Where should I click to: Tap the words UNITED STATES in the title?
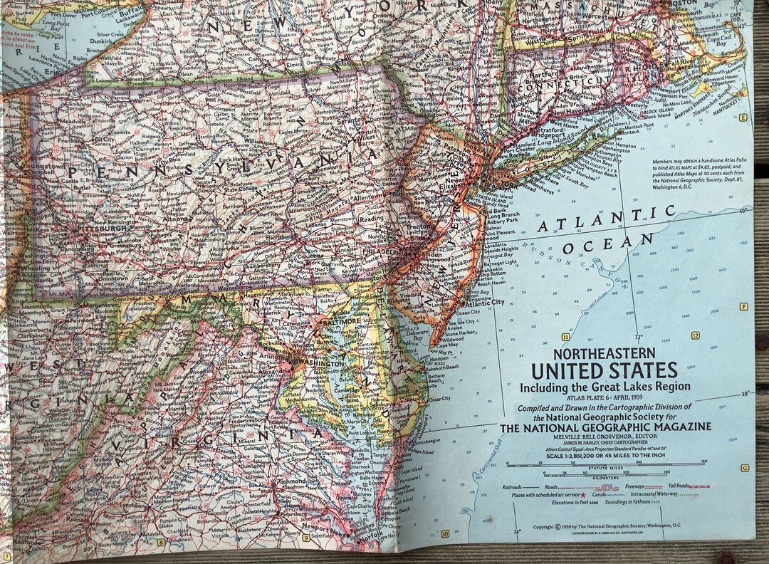click(x=604, y=370)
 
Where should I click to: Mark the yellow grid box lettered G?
click(x=744, y=468)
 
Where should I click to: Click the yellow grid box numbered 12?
click(x=695, y=335)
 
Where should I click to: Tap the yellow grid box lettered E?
click(x=743, y=117)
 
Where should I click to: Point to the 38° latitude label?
click(x=744, y=393)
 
